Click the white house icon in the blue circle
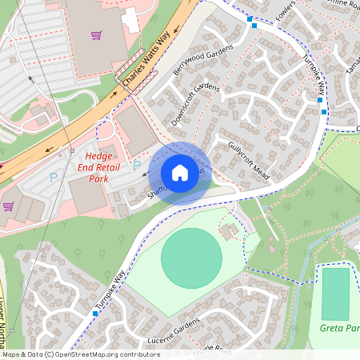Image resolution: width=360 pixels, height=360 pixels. click(180, 173)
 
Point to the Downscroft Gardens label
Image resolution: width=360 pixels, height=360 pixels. click(194, 104)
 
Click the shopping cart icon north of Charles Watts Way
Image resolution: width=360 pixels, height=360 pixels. click(97, 35)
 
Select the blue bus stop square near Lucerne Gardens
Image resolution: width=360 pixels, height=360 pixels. click(94, 314)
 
